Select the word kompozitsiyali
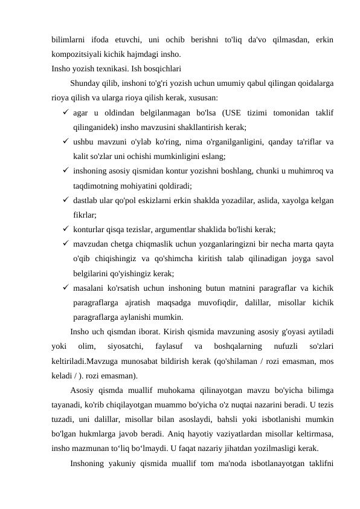pyautogui.click(x=76, y=54)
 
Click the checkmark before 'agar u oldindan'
pyautogui.click(x=65, y=112)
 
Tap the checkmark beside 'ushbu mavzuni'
pyautogui.click(x=65, y=141)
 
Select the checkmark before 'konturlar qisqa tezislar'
pyautogui.click(x=65, y=229)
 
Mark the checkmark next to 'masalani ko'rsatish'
pyautogui.click(x=65, y=287)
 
